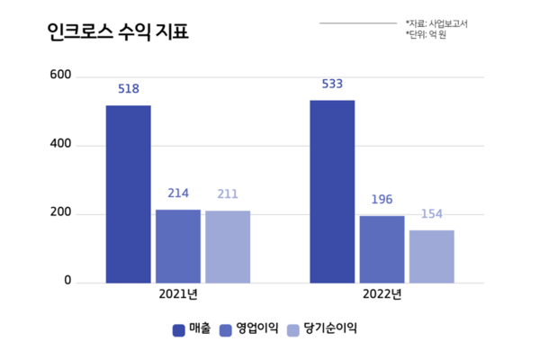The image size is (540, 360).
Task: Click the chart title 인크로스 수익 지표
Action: [x=119, y=33]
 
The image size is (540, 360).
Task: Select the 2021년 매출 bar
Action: [x=128, y=193]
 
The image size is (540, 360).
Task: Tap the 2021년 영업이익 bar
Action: [x=177, y=246]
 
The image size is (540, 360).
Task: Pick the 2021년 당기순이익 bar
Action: [x=227, y=247]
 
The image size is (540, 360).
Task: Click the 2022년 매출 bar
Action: [x=332, y=191]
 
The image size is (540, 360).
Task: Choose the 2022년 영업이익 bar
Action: [x=382, y=249]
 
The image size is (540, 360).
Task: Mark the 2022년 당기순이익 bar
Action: [x=431, y=256]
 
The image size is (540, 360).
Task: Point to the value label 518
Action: [x=128, y=90]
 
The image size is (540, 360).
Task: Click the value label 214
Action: [x=177, y=194]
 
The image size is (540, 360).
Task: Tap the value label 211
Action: [x=227, y=194]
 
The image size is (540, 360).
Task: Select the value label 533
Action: [x=332, y=85]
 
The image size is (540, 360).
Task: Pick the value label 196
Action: [x=382, y=200]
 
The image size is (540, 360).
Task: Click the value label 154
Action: [x=431, y=214]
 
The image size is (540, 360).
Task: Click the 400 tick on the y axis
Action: [x=60, y=145]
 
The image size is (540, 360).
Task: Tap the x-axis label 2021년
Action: [x=177, y=294]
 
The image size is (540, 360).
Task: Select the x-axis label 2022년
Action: [x=382, y=294]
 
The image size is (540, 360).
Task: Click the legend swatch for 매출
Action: [x=178, y=329]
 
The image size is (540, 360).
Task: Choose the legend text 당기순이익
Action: [x=330, y=329]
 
